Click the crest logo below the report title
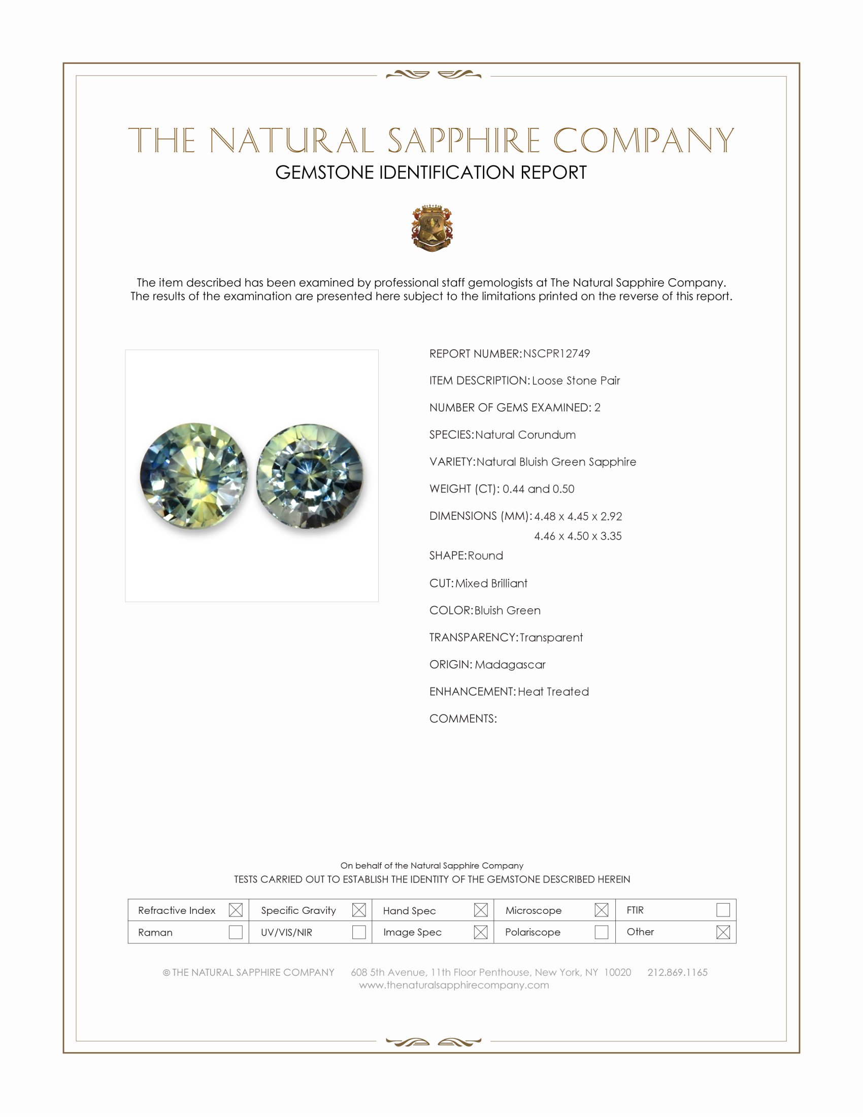[x=432, y=228]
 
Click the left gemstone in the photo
[x=194, y=475]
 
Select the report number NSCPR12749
[x=556, y=353]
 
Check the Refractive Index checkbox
[x=236, y=910]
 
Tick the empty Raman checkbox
[x=236, y=932]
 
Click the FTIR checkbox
[x=723, y=910]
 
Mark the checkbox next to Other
[x=723, y=932]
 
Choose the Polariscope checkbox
[x=602, y=932]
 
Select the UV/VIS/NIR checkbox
[x=359, y=932]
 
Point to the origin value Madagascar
[x=510, y=665]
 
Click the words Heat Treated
[x=553, y=692]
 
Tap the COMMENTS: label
[x=462, y=718]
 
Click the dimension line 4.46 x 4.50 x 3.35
[x=578, y=536]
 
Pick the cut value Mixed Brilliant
[x=491, y=583]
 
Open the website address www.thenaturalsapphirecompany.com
[x=454, y=985]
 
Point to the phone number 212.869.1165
[x=677, y=972]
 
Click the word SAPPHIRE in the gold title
[x=463, y=140]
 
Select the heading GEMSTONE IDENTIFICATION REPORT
[x=431, y=172]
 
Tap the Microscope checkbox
[x=602, y=910]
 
